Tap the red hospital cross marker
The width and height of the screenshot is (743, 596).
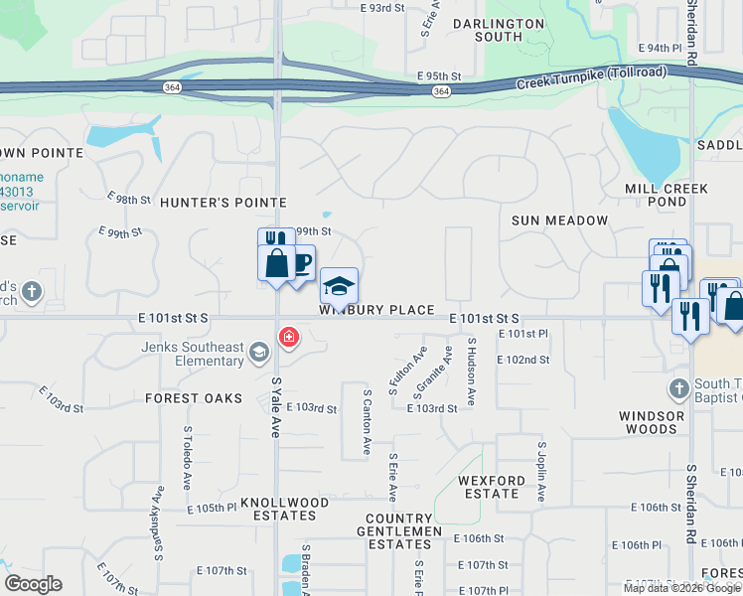point(289,338)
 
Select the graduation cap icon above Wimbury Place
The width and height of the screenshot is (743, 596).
point(339,286)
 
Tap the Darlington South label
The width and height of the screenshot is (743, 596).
point(499,30)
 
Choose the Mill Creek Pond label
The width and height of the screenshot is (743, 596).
point(667,195)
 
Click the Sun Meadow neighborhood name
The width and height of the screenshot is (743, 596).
point(559,220)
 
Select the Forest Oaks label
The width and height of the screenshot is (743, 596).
point(194,398)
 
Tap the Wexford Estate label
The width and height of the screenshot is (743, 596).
point(491,487)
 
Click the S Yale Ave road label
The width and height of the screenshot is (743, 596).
point(275,406)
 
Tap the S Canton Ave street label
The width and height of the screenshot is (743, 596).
point(367,421)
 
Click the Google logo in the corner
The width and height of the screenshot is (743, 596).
point(33,584)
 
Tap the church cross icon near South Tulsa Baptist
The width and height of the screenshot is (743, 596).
point(678,386)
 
